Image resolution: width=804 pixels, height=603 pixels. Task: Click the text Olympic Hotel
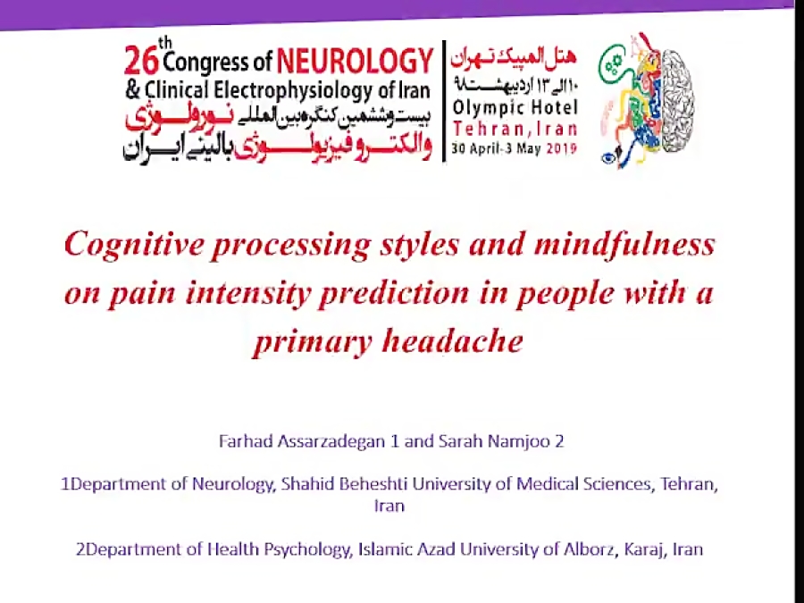515,109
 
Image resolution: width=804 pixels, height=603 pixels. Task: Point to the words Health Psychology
277,549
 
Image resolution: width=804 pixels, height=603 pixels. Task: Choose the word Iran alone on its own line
389,506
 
